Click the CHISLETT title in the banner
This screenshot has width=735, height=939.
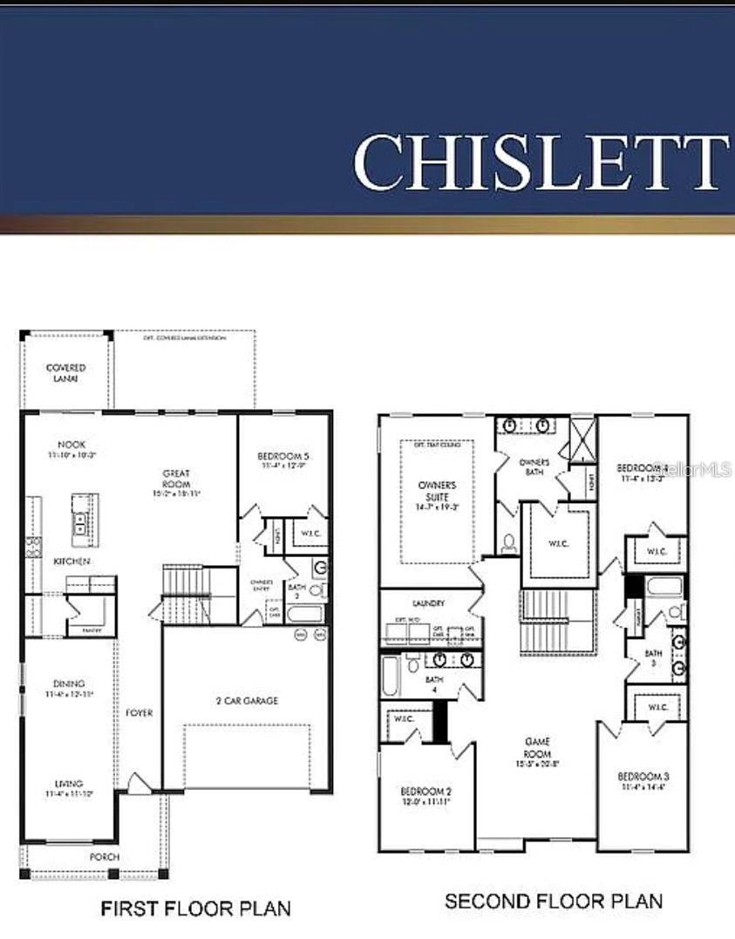[x=541, y=162]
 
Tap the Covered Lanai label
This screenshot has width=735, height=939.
[x=65, y=373]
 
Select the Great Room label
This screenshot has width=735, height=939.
[x=176, y=479]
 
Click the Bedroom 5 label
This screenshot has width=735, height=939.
[x=283, y=456]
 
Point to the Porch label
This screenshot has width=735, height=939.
[x=105, y=857]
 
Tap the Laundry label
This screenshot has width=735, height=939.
[x=428, y=603]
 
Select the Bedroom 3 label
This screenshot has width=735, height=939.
[x=643, y=777]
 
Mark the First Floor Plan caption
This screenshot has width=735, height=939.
[x=195, y=908]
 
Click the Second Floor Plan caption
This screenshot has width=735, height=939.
[x=553, y=901]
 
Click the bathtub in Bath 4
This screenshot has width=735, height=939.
[x=390, y=676]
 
